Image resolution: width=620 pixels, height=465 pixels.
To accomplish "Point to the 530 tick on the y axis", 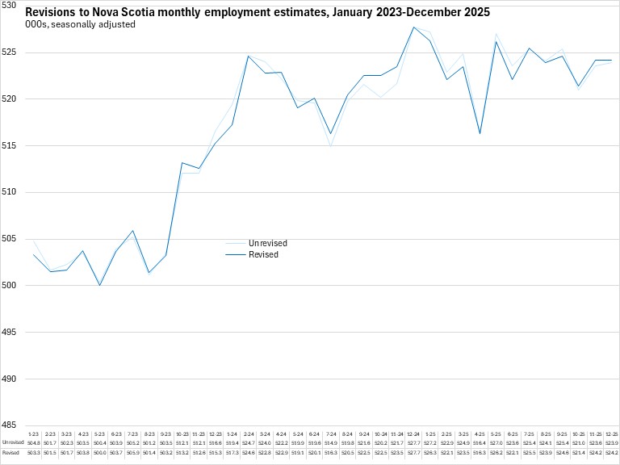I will (9, 6).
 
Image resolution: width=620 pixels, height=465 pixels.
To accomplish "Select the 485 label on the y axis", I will (9, 425).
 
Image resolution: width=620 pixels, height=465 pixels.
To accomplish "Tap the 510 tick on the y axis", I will (9, 192).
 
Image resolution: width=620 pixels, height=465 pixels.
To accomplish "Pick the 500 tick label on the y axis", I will (9, 285).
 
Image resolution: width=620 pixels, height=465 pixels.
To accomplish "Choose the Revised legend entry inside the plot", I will (264, 254).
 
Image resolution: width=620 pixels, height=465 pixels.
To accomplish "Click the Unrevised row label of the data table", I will (12, 443).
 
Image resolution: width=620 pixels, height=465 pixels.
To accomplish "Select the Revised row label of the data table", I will (10, 454).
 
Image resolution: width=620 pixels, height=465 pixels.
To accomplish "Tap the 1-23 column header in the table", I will (34, 434).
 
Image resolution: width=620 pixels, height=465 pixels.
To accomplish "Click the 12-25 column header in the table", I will (611, 434).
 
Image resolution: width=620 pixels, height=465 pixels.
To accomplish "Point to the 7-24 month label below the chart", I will (332, 434).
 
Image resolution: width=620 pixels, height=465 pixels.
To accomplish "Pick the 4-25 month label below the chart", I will (480, 434).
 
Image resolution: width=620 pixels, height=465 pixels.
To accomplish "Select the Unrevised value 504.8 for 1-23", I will (34, 443).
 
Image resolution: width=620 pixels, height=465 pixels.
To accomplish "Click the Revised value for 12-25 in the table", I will (611, 454).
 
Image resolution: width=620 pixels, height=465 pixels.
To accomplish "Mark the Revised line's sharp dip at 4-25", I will (480, 133).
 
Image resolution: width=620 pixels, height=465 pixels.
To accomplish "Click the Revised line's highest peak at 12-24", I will (413, 27).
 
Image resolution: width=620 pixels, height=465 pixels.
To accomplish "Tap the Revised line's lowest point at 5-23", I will (100, 285).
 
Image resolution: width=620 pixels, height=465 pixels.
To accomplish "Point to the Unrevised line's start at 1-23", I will (34, 241).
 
